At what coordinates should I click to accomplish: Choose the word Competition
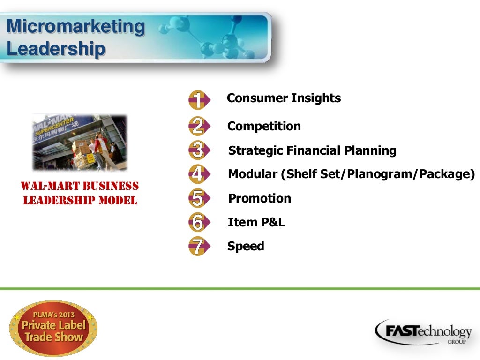[264, 126]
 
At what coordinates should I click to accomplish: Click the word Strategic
[255, 151]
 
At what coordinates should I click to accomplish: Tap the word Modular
[252, 174]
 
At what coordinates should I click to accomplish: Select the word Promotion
[259, 198]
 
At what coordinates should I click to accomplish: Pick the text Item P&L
[256, 222]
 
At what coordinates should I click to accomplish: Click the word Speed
[246, 246]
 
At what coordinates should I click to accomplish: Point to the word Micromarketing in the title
[76, 26]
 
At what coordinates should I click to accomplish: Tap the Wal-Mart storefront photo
[80, 142]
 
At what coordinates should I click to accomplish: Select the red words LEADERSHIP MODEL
[80, 201]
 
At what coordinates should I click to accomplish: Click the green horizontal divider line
[240, 288]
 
